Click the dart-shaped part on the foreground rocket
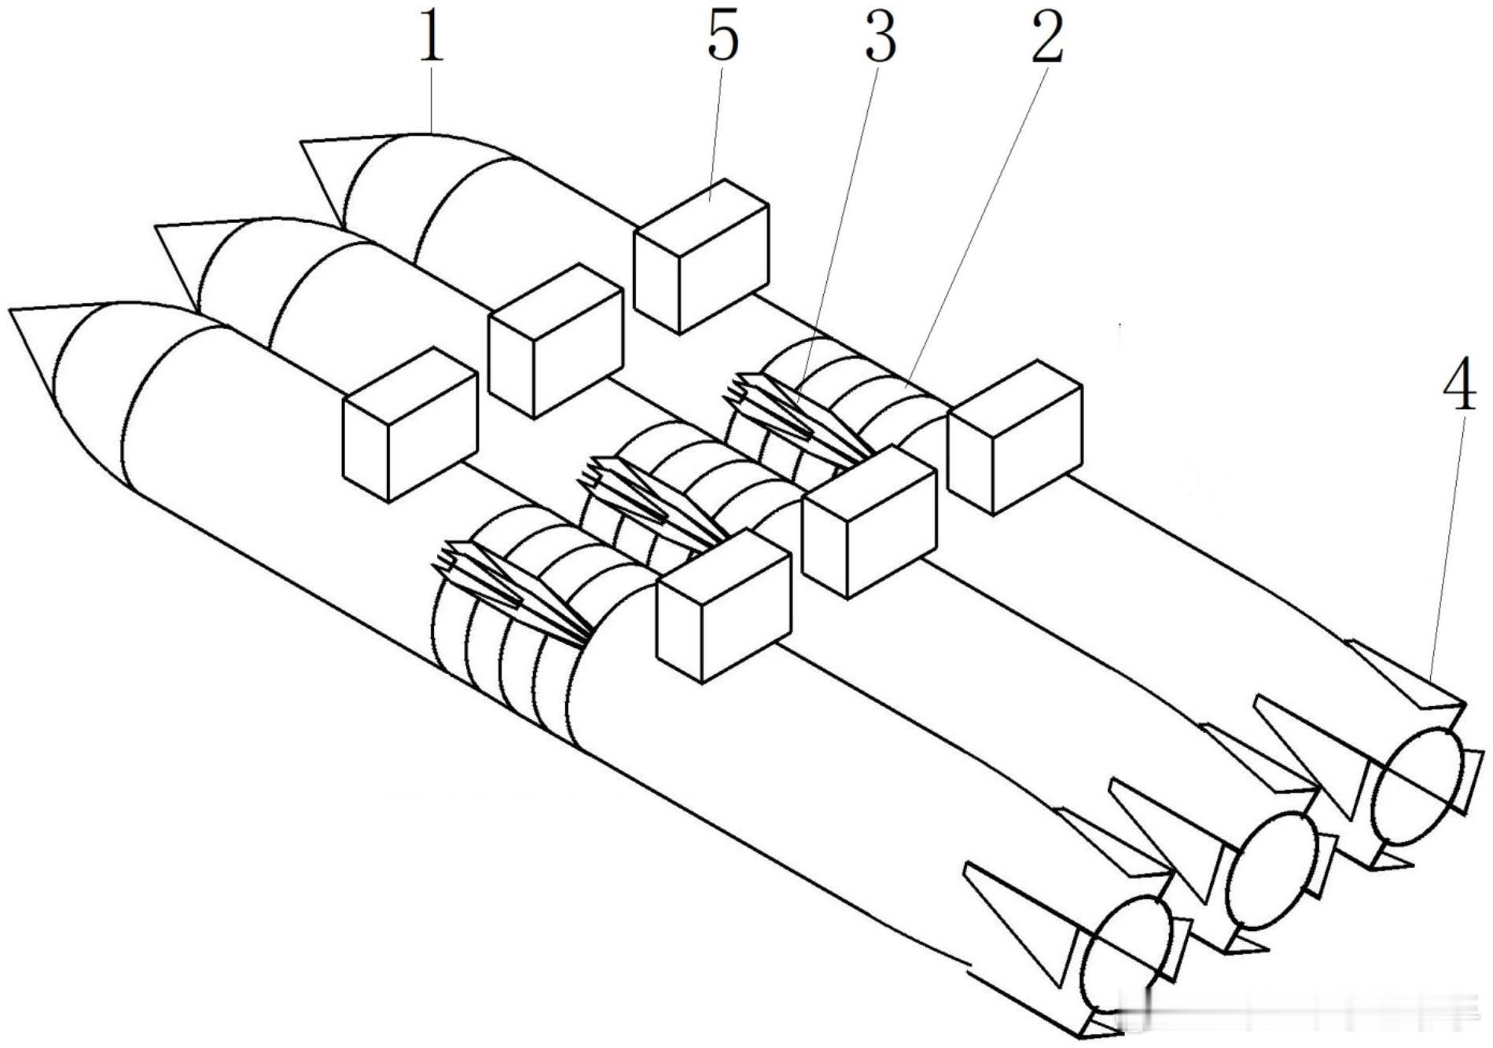(511, 591)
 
